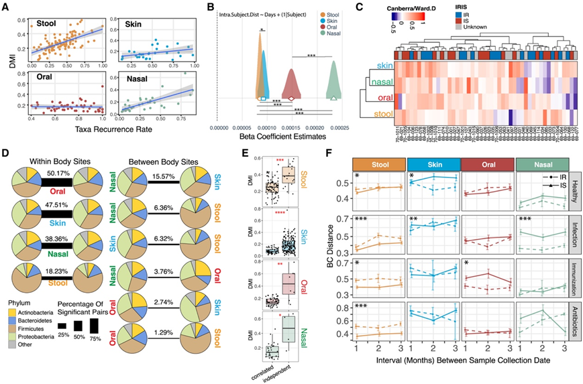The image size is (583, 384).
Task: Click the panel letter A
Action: tap(7, 7)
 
